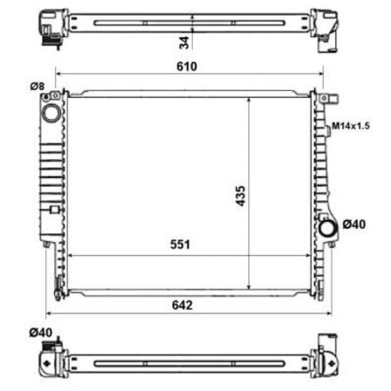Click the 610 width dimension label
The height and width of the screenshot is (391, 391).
(x=187, y=67)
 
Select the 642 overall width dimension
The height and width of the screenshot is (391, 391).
(x=182, y=306)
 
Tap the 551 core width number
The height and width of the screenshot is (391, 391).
(x=180, y=245)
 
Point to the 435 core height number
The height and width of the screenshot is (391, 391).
(x=241, y=196)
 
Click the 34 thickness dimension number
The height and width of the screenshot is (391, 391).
(x=184, y=43)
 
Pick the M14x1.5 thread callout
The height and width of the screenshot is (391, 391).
(x=351, y=126)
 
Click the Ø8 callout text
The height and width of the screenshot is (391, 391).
(x=38, y=86)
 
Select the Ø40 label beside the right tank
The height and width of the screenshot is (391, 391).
(x=354, y=224)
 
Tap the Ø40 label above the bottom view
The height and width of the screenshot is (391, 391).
(x=41, y=333)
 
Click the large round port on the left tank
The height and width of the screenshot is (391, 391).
(x=52, y=113)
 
